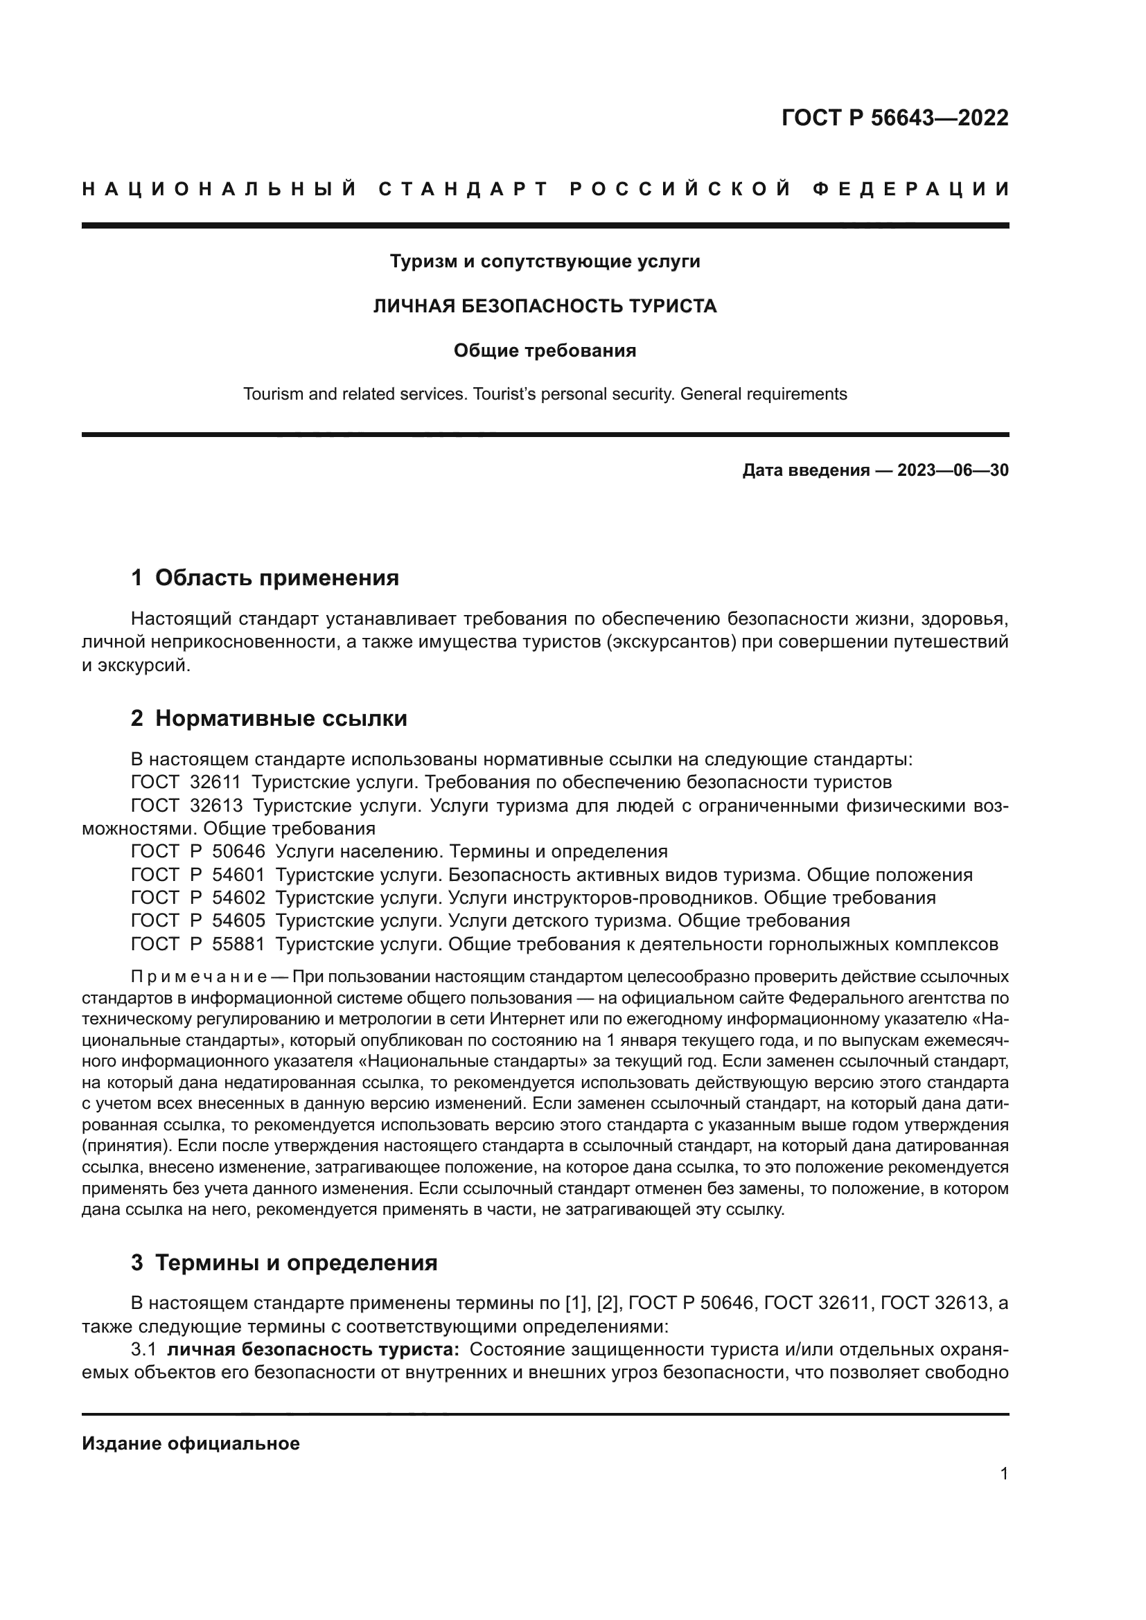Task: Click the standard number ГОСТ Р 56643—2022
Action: (x=894, y=118)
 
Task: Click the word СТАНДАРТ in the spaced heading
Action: (x=464, y=189)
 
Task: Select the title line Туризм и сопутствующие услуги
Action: (x=545, y=262)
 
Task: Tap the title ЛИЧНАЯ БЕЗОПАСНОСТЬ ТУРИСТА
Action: (x=545, y=306)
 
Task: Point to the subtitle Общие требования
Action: (x=545, y=350)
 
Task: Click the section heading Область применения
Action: (x=276, y=578)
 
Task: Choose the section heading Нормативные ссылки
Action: (x=281, y=719)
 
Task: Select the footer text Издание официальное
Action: (x=191, y=1443)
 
